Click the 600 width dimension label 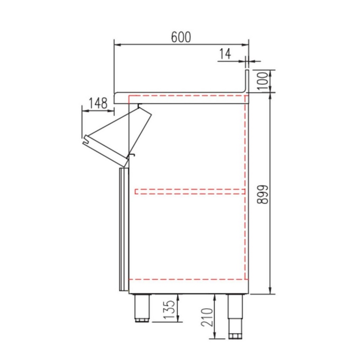click(181, 37)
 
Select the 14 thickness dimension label click(225, 54)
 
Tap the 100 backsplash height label click(262, 81)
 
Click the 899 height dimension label click(262, 194)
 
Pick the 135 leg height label click(169, 309)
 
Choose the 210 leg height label click(207, 317)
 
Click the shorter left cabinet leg click(142, 308)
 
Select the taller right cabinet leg click(235, 316)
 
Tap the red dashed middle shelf click(190, 192)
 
